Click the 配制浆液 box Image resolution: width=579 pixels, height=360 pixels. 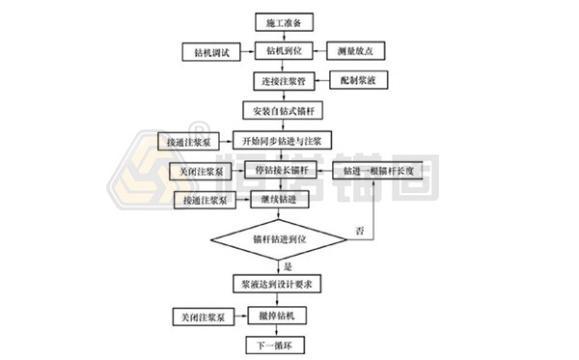tap(359, 79)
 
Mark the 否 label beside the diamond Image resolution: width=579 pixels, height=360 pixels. tap(358, 231)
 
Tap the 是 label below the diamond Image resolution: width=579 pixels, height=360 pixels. tap(286, 264)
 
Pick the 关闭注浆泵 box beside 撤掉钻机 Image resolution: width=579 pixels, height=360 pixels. tap(202, 317)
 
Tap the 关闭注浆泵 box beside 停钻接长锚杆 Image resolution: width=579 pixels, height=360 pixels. tap(202, 172)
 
